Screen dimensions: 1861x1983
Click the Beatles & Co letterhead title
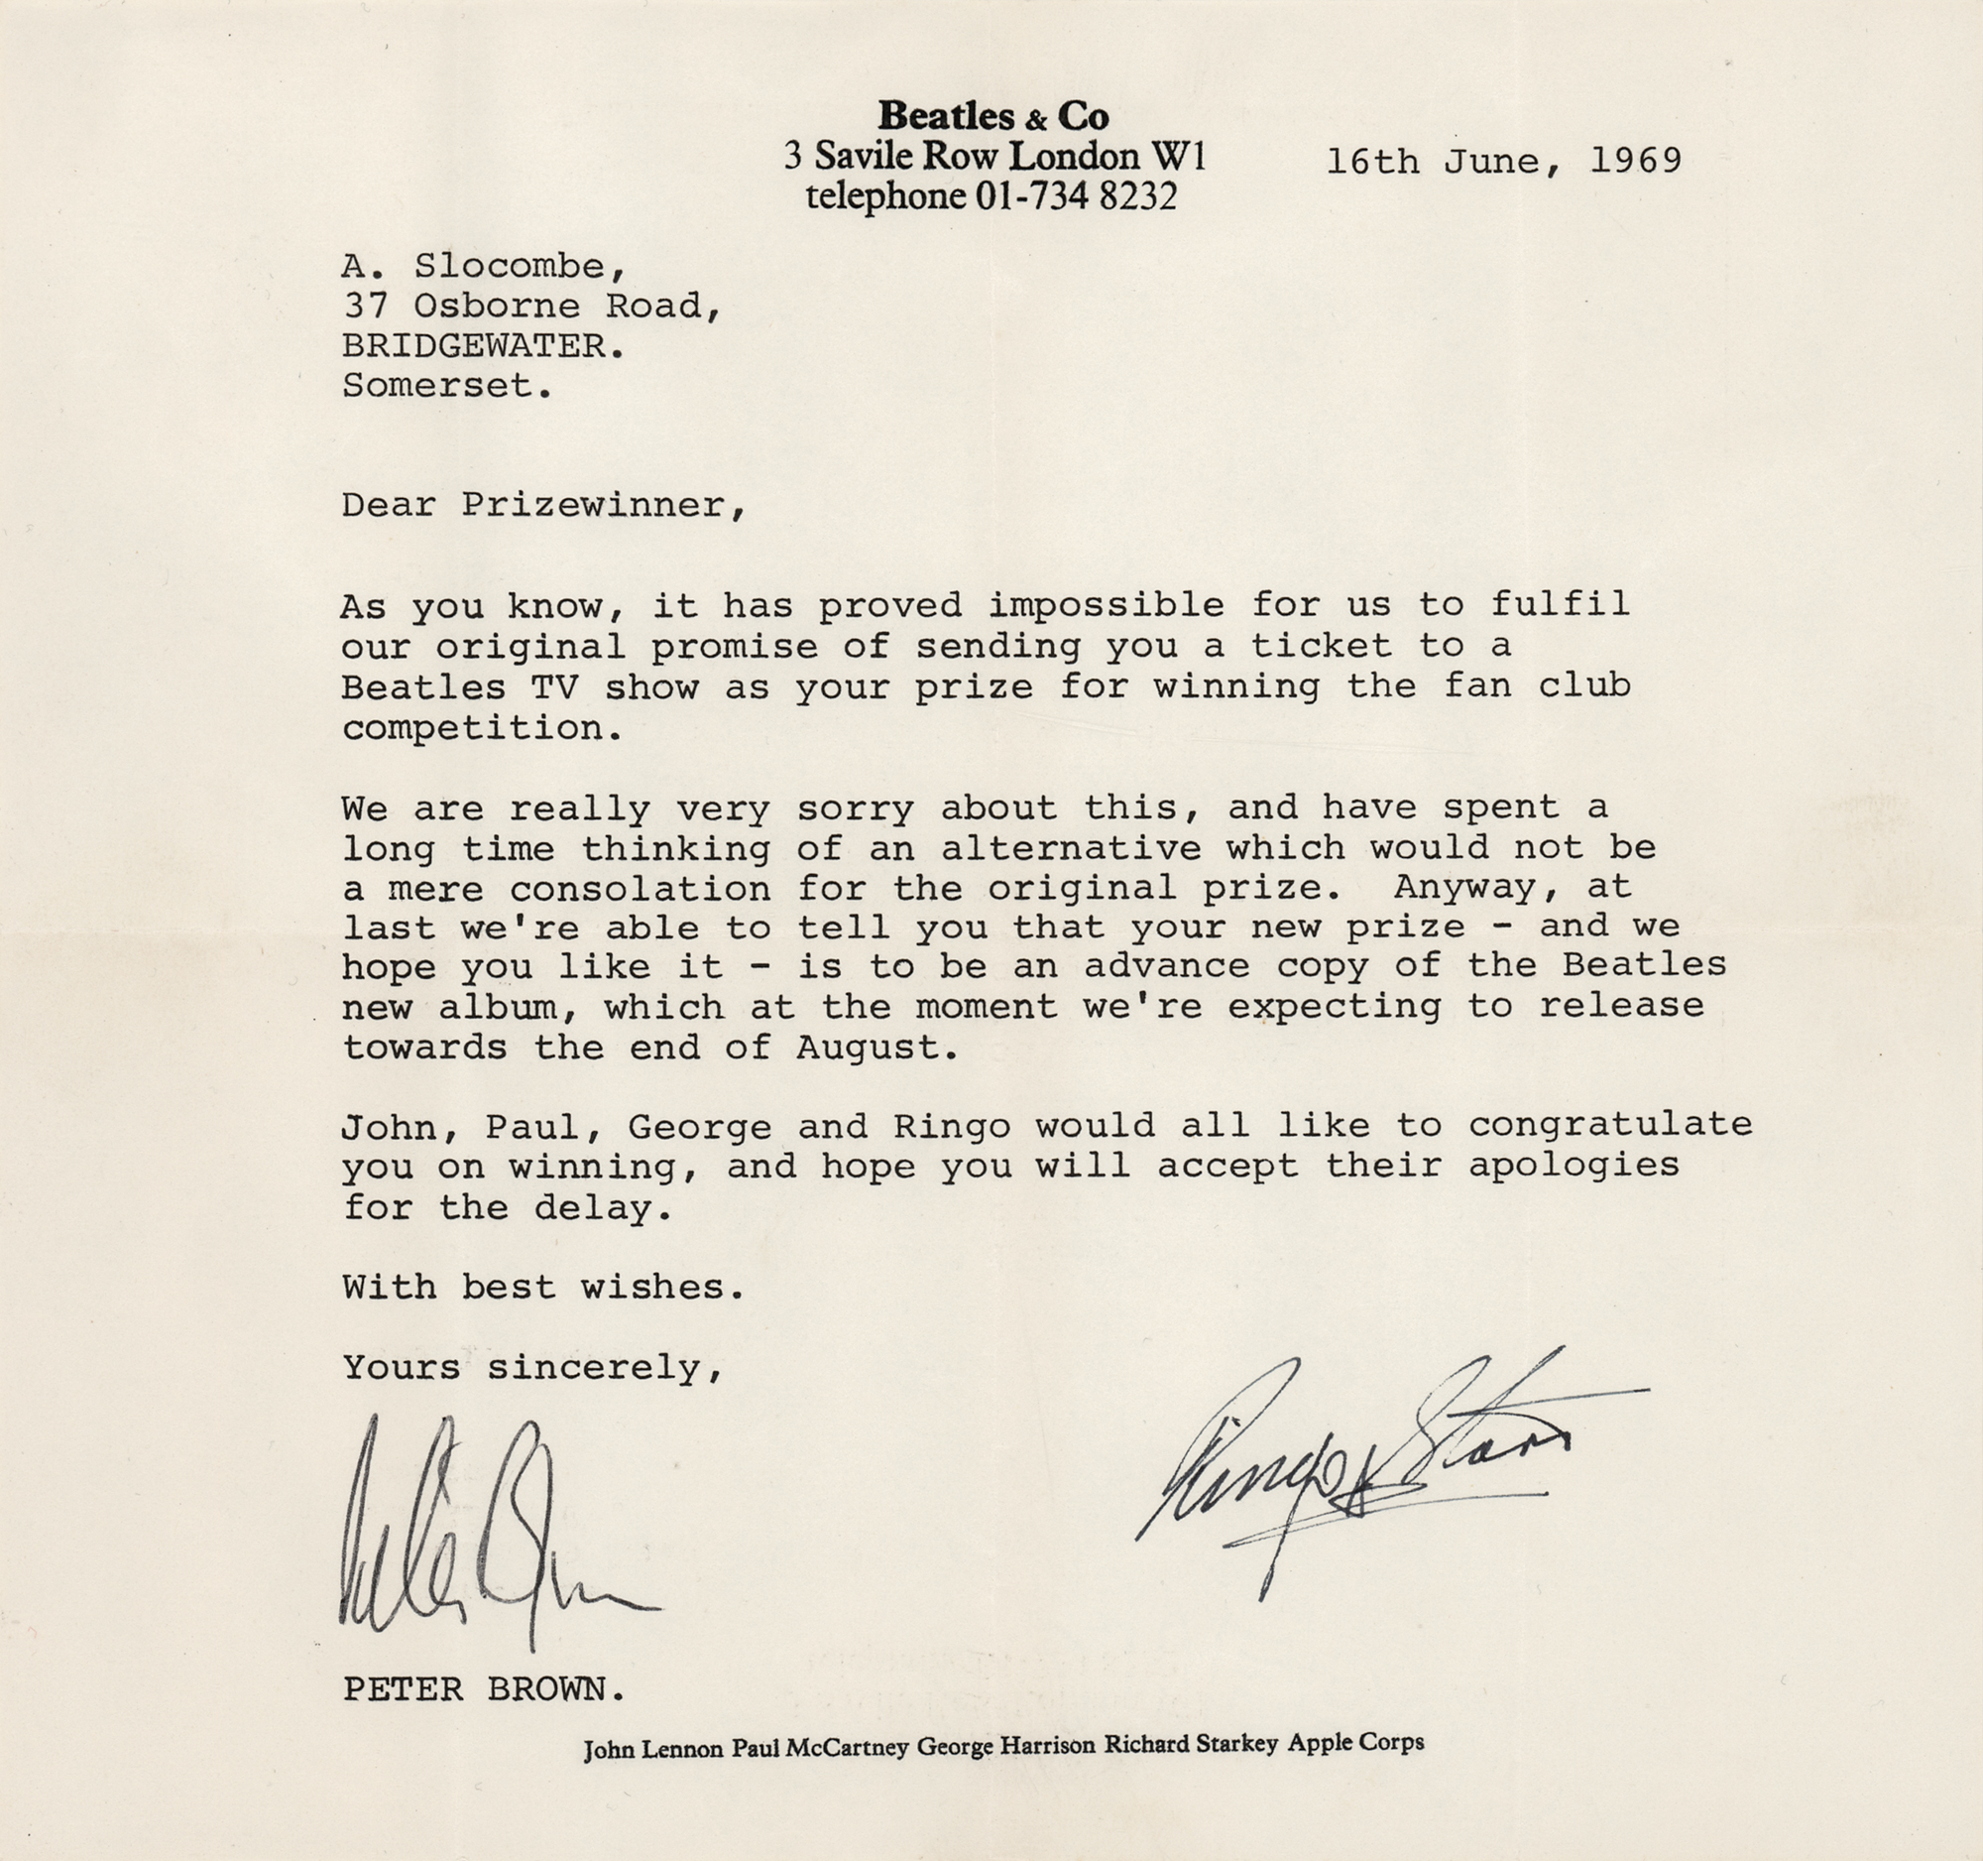click(x=992, y=117)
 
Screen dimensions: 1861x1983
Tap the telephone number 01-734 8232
click(x=1077, y=196)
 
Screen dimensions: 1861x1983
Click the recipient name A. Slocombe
click(x=485, y=267)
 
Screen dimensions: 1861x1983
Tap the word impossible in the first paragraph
click(x=1107, y=606)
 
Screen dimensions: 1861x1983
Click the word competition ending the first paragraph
click(x=474, y=728)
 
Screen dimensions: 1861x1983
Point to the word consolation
click(x=641, y=888)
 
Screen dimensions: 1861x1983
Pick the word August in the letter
click(x=868, y=1048)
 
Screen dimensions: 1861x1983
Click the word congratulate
click(x=1610, y=1126)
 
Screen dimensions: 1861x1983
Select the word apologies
click(x=1574, y=1166)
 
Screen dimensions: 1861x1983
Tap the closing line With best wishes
click(x=542, y=1288)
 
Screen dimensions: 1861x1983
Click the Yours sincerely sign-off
click(x=530, y=1368)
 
